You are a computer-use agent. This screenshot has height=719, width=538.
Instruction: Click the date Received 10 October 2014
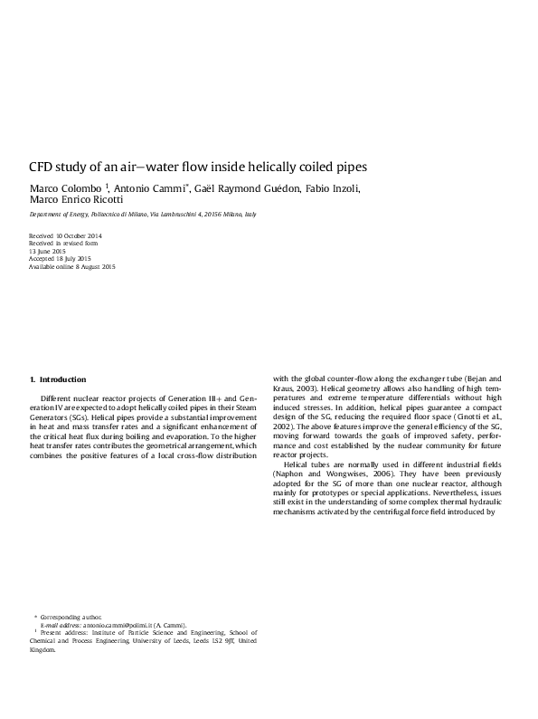(66, 235)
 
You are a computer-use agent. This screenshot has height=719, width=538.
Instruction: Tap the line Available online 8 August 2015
(72, 267)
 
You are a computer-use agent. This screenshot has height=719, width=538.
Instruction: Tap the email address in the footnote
(111, 625)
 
